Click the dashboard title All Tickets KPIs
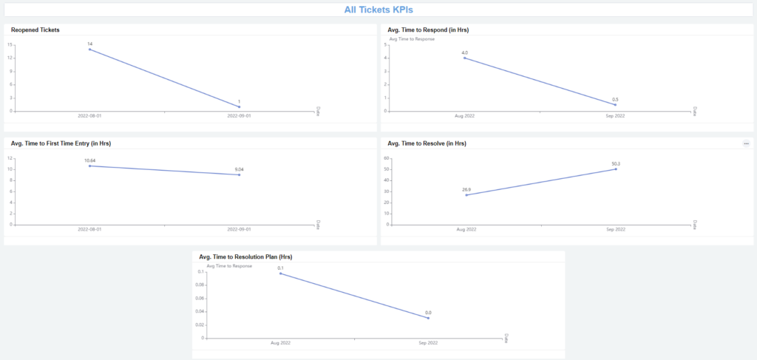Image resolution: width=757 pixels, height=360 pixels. tap(378, 10)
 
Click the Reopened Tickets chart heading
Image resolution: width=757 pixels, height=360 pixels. tap(35, 30)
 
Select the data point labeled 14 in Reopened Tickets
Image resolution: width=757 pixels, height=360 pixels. tap(89, 50)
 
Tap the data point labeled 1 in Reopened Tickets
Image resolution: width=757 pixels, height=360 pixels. tap(239, 106)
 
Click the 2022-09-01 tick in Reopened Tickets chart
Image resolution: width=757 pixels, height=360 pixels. tap(239, 116)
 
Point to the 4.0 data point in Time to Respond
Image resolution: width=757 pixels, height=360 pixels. tap(465, 58)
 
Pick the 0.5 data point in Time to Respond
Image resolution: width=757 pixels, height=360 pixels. tap(615, 104)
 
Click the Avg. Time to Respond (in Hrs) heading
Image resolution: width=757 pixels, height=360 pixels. tap(428, 30)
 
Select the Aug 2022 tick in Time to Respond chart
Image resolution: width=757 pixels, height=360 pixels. tap(465, 116)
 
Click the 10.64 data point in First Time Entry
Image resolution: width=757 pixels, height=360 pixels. tap(89, 166)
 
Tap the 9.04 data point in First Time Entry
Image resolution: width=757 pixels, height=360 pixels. tap(239, 174)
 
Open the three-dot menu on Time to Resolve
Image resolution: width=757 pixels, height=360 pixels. tap(746, 143)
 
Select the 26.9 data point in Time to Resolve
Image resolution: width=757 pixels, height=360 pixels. tap(466, 195)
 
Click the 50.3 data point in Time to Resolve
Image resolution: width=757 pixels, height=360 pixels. tap(616, 169)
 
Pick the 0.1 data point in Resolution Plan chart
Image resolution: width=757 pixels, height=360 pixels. tap(280, 274)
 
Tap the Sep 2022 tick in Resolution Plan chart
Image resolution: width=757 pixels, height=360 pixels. tap(428, 343)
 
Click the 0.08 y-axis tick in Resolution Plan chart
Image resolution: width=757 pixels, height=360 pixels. tap(200, 285)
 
